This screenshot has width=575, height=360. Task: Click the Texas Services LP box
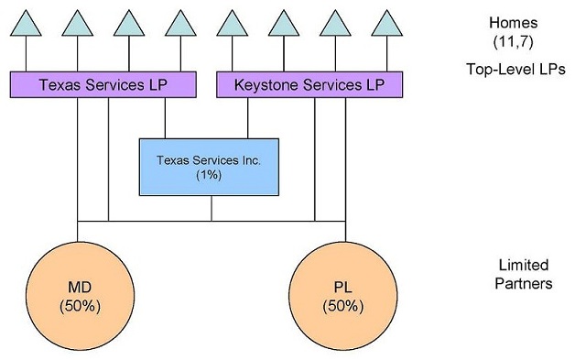(103, 85)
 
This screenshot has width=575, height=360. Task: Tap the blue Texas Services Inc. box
(208, 167)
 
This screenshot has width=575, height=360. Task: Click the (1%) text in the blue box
(209, 175)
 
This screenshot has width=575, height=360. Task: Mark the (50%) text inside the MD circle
(79, 304)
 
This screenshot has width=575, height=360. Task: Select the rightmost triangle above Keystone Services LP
(389, 25)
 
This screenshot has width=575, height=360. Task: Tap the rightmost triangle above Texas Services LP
(179, 25)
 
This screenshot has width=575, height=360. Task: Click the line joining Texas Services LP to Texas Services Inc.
(165, 117)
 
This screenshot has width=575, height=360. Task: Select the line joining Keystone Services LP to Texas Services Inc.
(247, 117)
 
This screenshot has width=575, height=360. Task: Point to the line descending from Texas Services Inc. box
(212, 208)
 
